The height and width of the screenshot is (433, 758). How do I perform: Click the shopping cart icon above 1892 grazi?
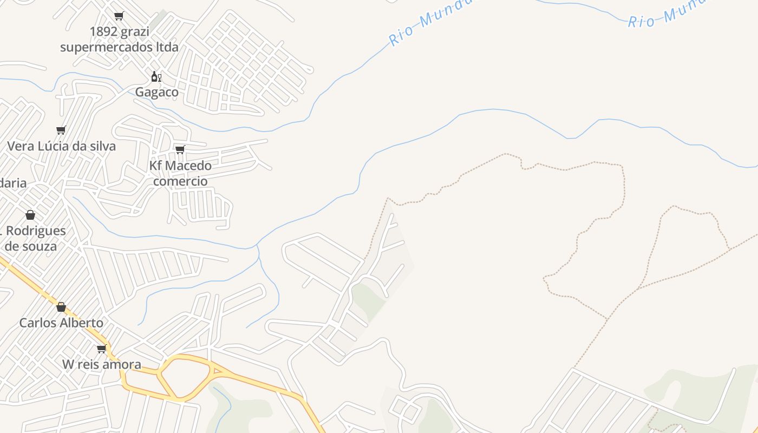[x=119, y=16]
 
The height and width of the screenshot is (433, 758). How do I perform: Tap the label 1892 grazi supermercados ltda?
[x=119, y=40]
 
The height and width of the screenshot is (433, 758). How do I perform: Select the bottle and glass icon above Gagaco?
[x=156, y=76]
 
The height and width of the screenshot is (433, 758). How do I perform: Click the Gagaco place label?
[x=156, y=92]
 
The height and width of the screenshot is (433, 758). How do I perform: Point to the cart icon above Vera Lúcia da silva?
[x=61, y=130]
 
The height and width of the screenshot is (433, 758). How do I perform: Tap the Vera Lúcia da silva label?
[x=61, y=146]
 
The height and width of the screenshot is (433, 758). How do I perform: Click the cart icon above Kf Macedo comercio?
[x=180, y=149]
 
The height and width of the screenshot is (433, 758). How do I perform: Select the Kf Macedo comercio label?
[x=180, y=173]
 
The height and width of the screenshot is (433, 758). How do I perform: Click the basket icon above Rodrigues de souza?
[x=30, y=215]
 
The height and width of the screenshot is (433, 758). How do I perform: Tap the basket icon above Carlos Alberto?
[x=61, y=307]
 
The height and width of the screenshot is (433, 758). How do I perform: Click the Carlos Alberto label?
[x=61, y=323]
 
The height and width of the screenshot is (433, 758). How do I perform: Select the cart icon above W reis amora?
[x=101, y=349]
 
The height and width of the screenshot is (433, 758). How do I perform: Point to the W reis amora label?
[x=102, y=364]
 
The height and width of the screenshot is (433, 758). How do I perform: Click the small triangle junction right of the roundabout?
[x=218, y=371]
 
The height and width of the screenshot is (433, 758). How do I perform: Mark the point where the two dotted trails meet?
[x=638, y=289]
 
